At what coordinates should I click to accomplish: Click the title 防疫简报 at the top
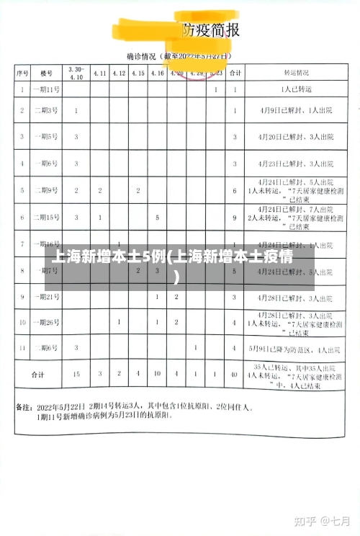click(x=210, y=30)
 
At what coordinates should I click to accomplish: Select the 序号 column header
click(x=23, y=73)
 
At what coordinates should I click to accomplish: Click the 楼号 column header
click(x=48, y=73)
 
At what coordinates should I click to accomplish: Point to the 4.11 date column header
click(x=99, y=73)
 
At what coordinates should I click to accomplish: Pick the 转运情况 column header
click(x=297, y=73)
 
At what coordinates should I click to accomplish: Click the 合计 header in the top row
click(x=235, y=73)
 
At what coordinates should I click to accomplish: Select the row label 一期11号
click(x=48, y=91)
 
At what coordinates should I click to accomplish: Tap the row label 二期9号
click(x=48, y=190)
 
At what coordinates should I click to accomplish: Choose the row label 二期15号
click(x=48, y=217)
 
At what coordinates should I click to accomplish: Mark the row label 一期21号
click(x=48, y=297)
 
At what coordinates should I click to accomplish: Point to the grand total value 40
click(x=235, y=375)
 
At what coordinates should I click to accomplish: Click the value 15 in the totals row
click(x=76, y=375)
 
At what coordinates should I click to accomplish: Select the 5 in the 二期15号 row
click(x=157, y=217)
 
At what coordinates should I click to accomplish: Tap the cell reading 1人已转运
click(x=297, y=91)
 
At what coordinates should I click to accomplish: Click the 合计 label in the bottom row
click(x=37, y=375)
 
